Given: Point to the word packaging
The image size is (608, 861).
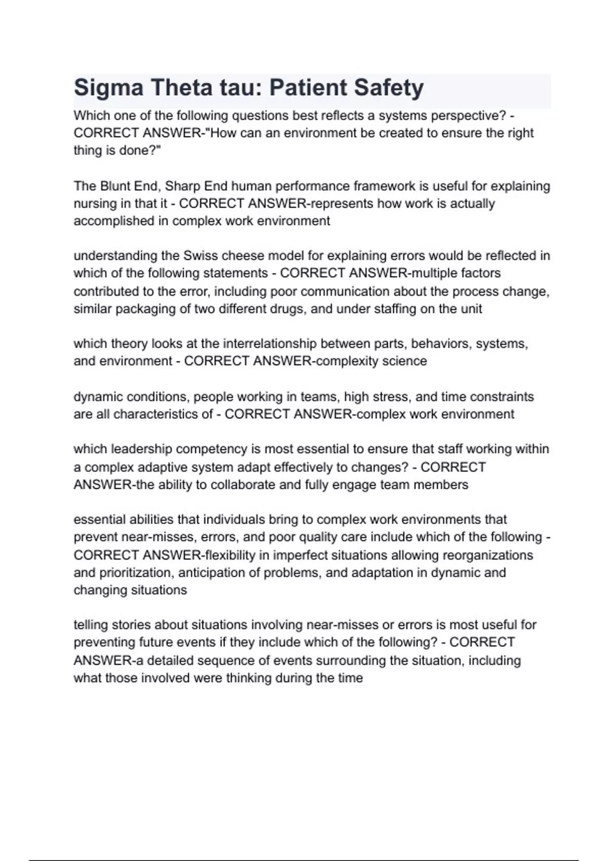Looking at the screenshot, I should pos(143,309).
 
